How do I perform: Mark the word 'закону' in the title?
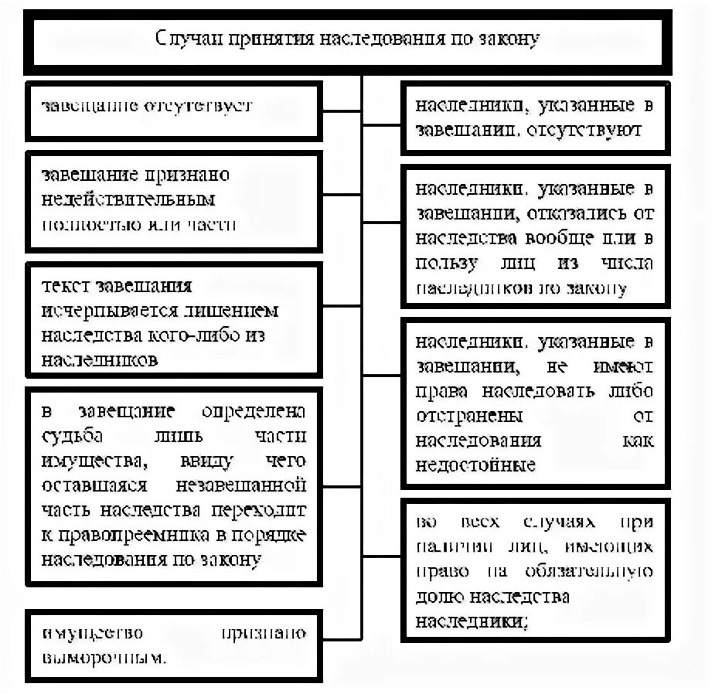(506, 39)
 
